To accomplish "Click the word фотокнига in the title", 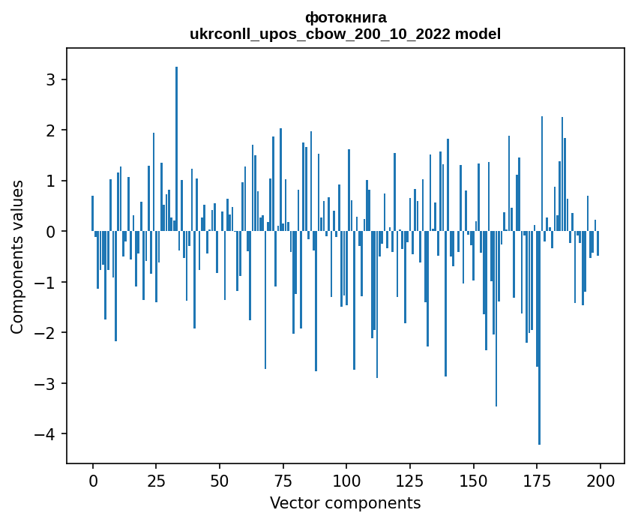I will [x=346, y=17].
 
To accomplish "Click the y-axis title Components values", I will [x=16, y=256].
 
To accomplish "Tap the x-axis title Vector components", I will [x=345, y=502].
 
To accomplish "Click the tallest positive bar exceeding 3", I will [x=176, y=150].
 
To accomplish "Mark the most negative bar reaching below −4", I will [x=539, y=337].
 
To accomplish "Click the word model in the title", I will [x=481, y=34].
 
